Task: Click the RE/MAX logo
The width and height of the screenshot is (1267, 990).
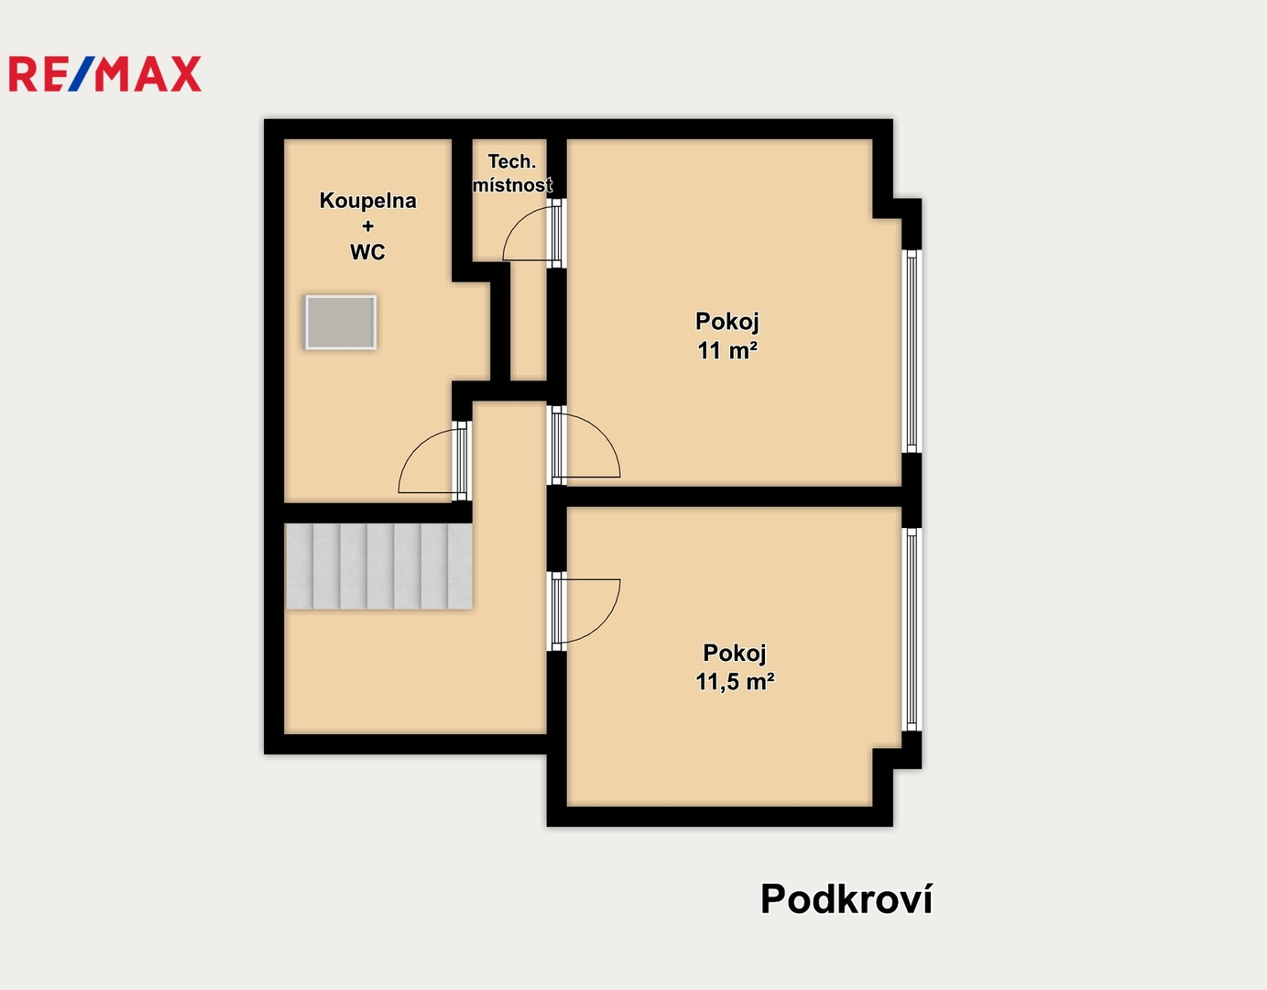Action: [105, 73]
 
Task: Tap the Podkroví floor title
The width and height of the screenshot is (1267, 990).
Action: [846, 899]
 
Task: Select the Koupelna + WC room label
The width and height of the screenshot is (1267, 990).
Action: [368, 225]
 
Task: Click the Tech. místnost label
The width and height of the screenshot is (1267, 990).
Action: [512, 173]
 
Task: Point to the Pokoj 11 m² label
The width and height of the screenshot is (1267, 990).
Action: [727, 335]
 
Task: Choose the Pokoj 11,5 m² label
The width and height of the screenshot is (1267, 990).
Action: [735, 666]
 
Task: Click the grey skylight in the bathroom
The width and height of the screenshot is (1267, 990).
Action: [341, 323]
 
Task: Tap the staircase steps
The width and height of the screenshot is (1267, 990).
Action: [378, 566]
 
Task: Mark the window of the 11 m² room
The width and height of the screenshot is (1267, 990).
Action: [912, 351]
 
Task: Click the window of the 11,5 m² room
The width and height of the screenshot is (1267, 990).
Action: [912, 630]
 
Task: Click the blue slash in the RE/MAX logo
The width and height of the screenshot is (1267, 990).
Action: [81, 73]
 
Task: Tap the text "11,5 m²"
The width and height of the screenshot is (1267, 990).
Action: [735, 681]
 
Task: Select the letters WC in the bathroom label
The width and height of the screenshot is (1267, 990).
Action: [367, 252]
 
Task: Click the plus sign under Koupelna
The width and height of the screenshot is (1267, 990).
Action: [368, 225]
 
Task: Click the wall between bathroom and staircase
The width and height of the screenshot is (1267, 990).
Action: [377, 512]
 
